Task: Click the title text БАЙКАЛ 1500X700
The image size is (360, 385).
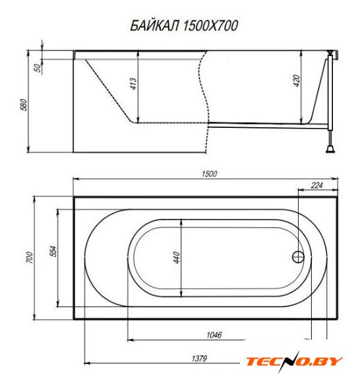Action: [184, 26]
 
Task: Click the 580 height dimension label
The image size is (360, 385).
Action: [24, 105]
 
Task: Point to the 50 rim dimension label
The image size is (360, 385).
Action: [38, 68]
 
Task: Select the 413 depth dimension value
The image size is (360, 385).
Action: [133, 84]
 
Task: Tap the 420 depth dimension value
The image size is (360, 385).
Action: [297, 81]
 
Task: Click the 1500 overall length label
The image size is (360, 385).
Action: [210, 174]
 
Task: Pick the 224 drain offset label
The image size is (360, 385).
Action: [316, 185]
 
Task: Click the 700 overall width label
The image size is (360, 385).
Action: [29, 258]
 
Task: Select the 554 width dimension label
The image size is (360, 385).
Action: [53, 251]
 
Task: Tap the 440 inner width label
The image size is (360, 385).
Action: [177, 258]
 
